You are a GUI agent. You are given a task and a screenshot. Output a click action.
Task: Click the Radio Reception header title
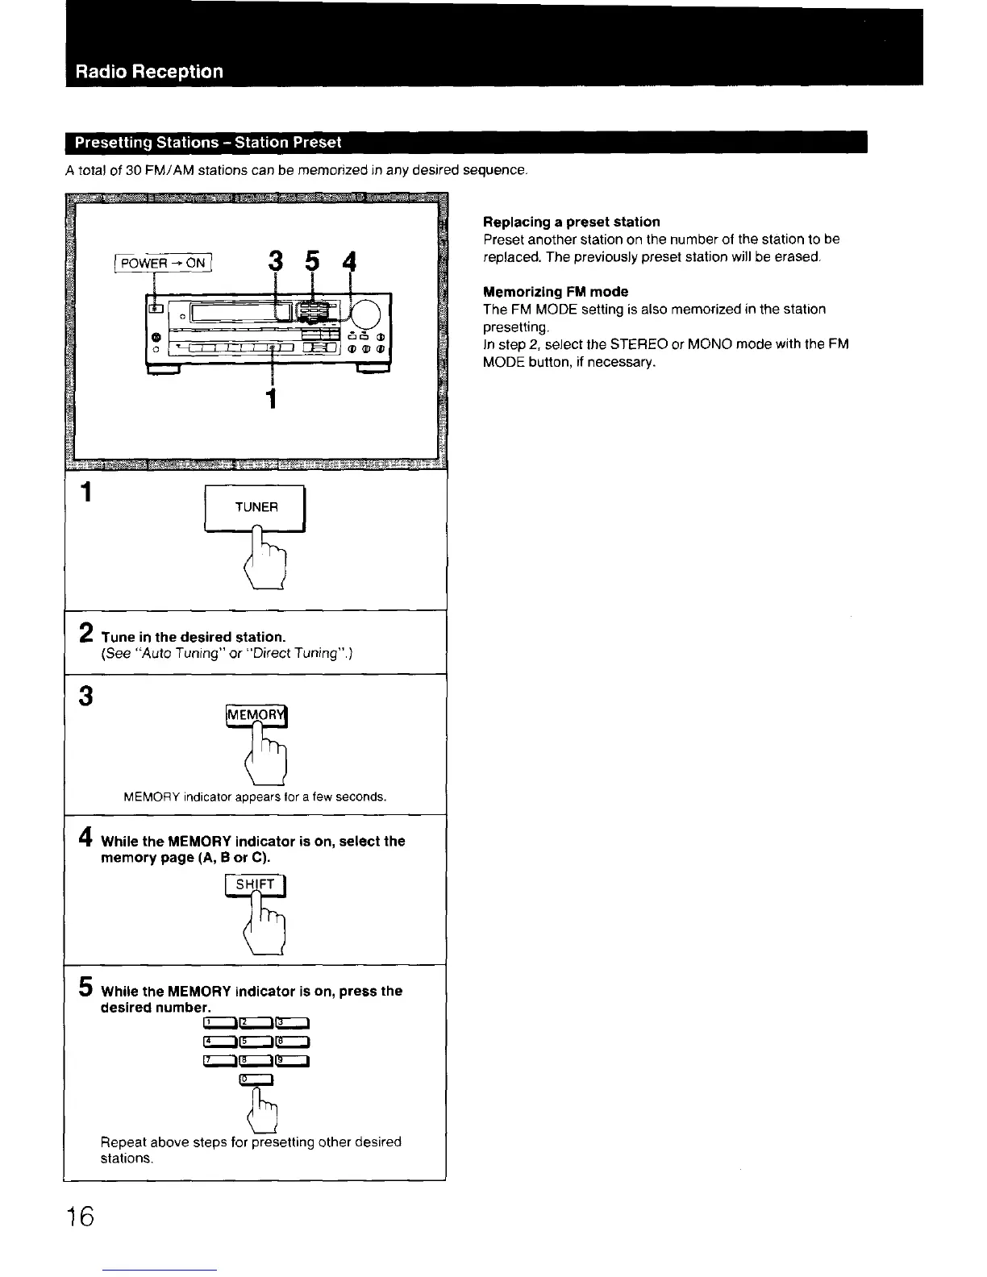(149, 71)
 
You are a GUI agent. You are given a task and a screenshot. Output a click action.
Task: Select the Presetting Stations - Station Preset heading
(208, 143)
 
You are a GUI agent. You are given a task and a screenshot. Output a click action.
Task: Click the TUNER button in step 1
(256, 507)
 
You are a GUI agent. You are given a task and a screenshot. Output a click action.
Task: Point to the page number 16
(81, 1215)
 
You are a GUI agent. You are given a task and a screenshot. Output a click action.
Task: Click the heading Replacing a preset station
(571, 222)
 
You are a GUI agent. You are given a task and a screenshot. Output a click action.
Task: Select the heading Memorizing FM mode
(556, 292)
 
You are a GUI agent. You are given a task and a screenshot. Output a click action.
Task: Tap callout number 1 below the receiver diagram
(273, 398)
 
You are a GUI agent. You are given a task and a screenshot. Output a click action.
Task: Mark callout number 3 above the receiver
(276, 262)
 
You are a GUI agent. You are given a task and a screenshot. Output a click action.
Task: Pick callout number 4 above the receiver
(349, 263)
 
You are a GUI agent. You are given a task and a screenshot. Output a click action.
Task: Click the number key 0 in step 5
(257, 1081)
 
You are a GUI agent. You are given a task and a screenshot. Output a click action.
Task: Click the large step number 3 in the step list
(86, 696)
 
